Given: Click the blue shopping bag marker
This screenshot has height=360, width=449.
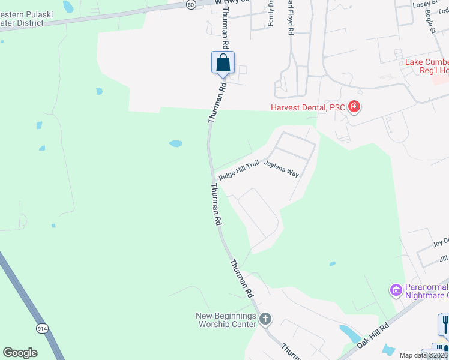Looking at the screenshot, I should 223,62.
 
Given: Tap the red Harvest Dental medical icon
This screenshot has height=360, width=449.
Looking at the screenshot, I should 354,107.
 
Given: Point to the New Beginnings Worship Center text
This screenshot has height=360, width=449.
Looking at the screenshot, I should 226,320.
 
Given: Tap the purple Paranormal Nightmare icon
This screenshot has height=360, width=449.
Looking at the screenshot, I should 396,291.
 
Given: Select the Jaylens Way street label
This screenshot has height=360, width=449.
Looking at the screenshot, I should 282,167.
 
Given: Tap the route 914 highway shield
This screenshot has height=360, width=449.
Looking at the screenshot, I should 42,328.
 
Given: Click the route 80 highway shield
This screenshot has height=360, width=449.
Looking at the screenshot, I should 190,4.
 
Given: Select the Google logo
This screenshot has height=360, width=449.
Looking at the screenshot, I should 20,353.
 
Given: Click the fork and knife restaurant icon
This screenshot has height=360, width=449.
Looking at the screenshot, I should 445,324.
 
